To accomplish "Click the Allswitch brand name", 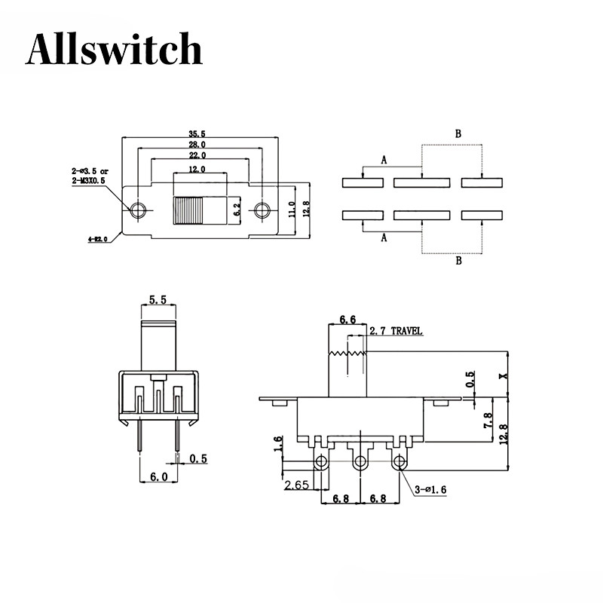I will click(x=114, y=50).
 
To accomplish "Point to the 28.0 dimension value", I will click(x=198, y=144).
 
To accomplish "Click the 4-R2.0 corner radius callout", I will click(x=98, y=239).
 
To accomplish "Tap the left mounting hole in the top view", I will click(x=137, y=210).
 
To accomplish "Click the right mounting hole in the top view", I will click(x=262, y=210).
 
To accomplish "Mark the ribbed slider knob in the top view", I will click(x=189, y=210).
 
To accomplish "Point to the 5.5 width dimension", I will click(x=158, y=299).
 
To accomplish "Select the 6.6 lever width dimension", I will click(x=347, y=320).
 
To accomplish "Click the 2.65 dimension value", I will click(x=296, y=486).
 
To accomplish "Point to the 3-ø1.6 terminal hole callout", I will click(x=430, y=490).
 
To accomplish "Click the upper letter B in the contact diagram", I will click(x=457, y=133).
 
